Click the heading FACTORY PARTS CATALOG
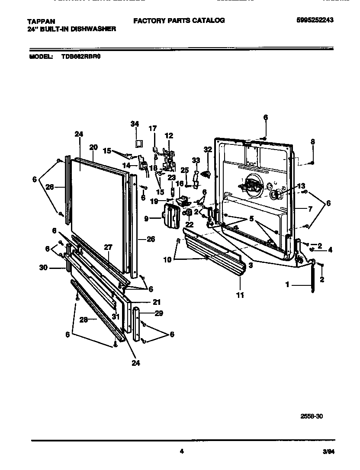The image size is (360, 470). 179,20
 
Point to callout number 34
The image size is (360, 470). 135,124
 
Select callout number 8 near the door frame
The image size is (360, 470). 313,141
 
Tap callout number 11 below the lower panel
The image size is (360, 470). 240,295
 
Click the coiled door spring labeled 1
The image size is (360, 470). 312,280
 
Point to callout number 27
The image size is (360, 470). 108,248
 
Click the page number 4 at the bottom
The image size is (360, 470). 182,451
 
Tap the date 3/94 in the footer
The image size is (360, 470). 328,452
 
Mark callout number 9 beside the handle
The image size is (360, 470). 147,219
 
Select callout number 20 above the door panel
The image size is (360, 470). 93,147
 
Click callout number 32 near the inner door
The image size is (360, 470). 208,150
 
